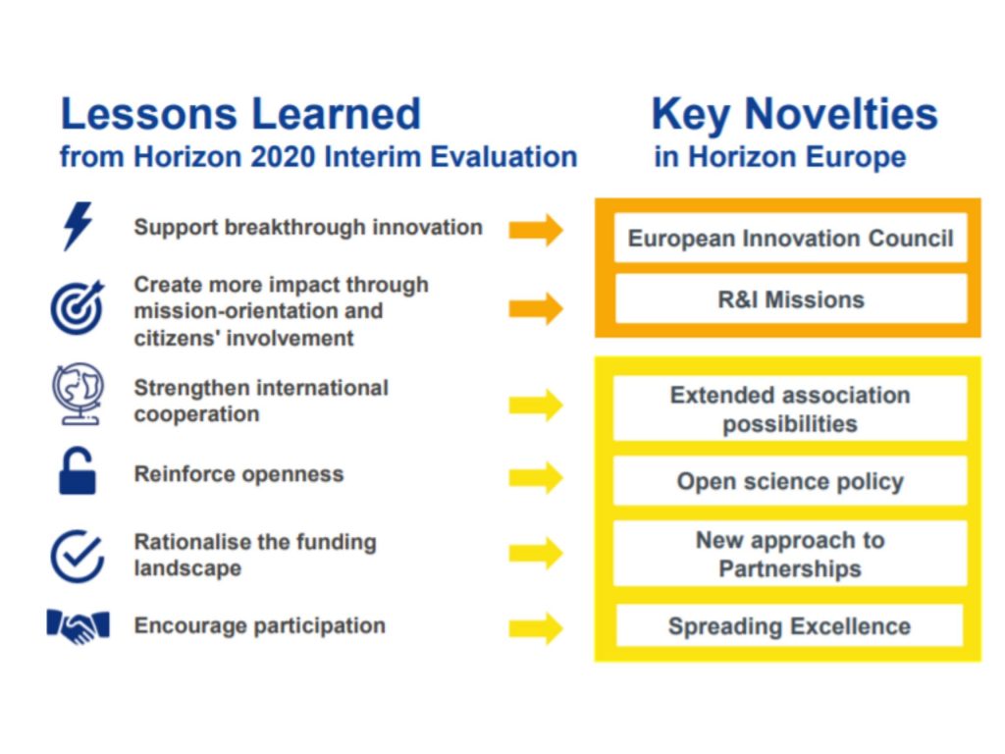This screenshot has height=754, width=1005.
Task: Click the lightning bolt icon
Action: pos(78,227)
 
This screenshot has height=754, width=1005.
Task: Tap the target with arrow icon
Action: pos(78,307)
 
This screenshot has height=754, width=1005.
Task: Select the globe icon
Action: pos(78,394)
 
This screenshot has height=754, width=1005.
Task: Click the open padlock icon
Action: pos(77,471)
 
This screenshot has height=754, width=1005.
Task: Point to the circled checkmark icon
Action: pos(78,556)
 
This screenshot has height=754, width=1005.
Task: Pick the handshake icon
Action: pos(79,626)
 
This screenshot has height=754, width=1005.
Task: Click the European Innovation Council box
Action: pos(790,238)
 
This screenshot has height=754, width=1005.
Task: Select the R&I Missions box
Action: pos(790,298)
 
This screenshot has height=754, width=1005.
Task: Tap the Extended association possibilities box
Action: pos(790,409)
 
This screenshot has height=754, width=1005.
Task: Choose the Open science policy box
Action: pos(790,481)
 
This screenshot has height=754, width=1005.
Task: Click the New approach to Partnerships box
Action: pos(790,554)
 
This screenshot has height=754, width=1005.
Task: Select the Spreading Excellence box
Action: pos(789,625)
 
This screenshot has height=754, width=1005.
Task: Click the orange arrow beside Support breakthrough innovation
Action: pos(536,230)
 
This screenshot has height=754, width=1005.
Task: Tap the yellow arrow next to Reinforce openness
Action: pos(536,478)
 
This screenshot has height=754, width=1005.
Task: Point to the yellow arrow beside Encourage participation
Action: pos(536,627)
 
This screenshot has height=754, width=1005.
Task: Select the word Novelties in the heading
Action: pos(840,114)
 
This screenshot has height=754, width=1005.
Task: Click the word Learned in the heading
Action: pos(336,114)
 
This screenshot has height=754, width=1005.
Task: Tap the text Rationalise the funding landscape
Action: pos(255,556)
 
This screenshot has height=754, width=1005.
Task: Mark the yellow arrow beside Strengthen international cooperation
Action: pos(536,405)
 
